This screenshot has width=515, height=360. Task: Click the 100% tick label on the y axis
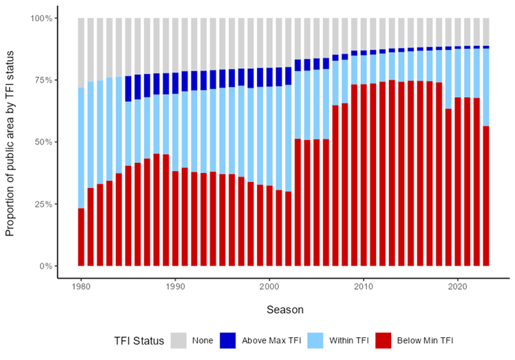(41, 18)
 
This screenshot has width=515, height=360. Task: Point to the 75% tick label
(43, 80)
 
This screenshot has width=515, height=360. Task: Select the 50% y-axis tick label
(43, 142)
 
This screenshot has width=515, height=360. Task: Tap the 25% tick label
(43, 204)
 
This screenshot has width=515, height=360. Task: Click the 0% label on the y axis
(46, 266)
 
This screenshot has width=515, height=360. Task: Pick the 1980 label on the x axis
(81, 287)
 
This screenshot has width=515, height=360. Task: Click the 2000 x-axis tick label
(269, 287)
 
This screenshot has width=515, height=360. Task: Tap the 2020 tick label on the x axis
(458, 287)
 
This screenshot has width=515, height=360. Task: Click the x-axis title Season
(285, 310)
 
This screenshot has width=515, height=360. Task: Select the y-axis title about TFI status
(10, 143)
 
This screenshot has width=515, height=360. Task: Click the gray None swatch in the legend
(178, 341)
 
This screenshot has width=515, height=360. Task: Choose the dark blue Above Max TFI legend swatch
(228, 341)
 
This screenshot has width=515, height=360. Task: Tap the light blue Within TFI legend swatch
(315, 341)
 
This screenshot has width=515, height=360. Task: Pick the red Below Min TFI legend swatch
(383, 341)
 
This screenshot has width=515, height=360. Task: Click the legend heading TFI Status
(139, 341)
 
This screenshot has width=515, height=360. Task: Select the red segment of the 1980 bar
(81, 237)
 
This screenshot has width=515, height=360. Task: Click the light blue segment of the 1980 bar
(81, 148)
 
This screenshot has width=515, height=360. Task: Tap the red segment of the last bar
(486, 196)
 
